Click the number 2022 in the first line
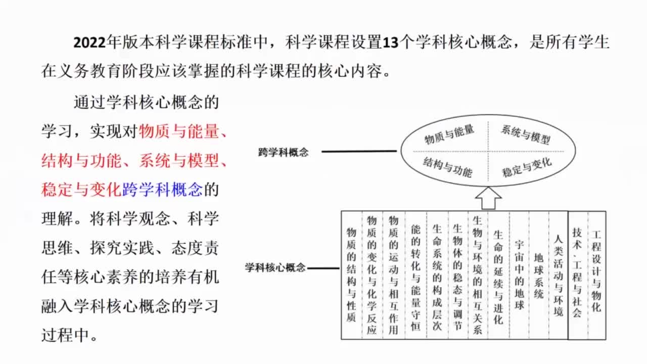pos(89,42)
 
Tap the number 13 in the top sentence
pos(391,42)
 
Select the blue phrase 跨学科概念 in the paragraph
pos(162,190)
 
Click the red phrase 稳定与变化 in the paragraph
pos(81,190)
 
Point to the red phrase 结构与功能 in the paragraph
pos(81,161)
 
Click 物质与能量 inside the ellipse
pos(449,134)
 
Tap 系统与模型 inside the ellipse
pos(525,134)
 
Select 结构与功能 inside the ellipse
pos(447,167)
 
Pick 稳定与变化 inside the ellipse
pos(527,167)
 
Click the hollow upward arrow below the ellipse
pos(488,198)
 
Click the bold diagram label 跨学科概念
pos(284,152)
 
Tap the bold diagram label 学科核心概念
pos(275,267)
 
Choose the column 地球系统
pos(538,276)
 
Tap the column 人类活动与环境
pos(559,276)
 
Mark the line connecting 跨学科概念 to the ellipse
pos(359,151)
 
